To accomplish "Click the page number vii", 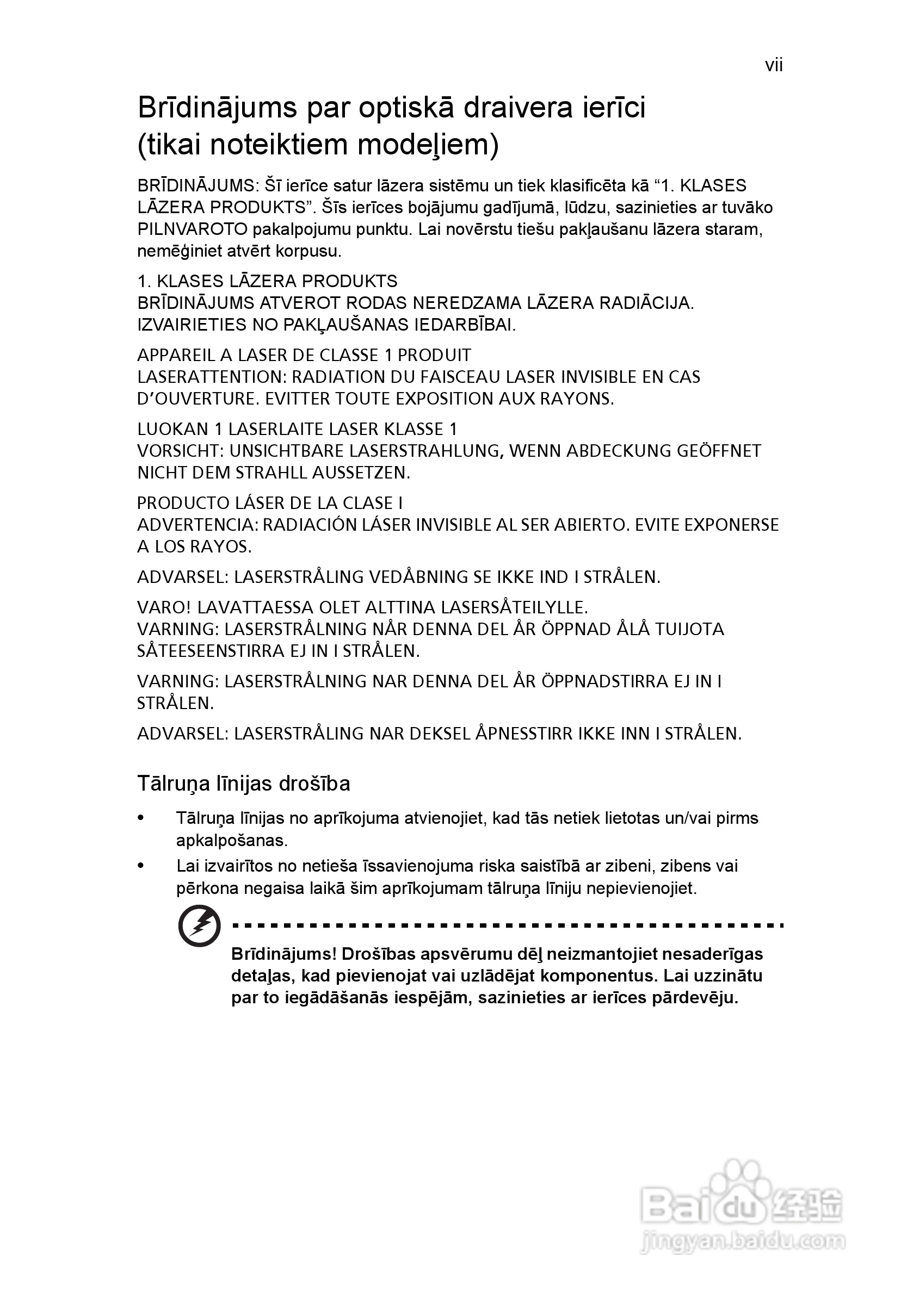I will (774, 66).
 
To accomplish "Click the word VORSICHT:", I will (181, 451).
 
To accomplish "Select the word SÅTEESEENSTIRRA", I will (211, 651).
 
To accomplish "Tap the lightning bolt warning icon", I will (199, 925).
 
